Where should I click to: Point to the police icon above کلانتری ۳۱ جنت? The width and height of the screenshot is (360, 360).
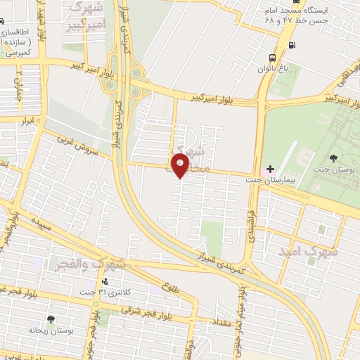pyautogui.click(x=105, y=281)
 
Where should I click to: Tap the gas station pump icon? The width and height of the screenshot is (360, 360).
pyautogui.click(x=292, y=46)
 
